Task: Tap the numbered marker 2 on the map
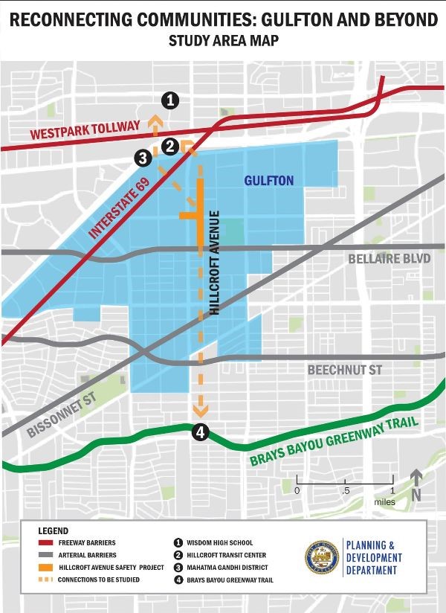169,146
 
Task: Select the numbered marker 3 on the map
142,157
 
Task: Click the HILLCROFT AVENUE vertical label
215,263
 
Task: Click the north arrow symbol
416,484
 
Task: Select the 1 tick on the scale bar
392,490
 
